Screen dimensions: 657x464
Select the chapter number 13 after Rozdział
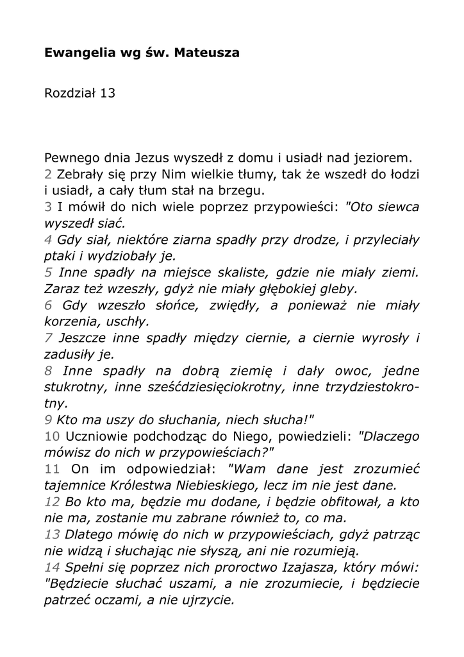[x=107, y=94]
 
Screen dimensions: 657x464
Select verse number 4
[x=48, y=241]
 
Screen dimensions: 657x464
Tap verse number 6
[x=48, y=306]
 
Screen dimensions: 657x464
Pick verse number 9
[x=48, y=420]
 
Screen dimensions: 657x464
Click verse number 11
[x=52, y=468]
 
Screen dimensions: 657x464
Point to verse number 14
[x=52, y=568]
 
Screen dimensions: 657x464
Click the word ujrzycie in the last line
[x=206, y=601]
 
